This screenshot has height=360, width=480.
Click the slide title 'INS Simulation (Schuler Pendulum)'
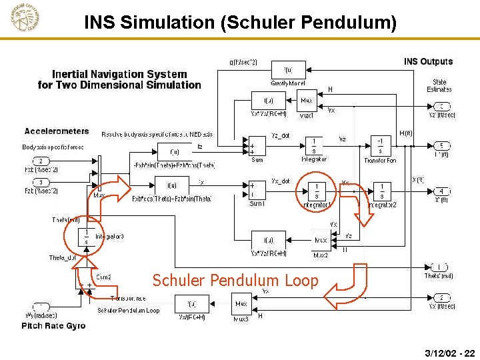[240, 23]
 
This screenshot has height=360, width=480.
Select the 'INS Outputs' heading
[428, 62]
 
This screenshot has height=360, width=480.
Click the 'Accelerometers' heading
[57, 131]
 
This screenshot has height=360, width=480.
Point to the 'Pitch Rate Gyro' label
[53, 325]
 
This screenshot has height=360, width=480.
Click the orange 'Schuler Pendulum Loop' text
[235, 281]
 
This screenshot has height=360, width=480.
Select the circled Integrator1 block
[316, 191]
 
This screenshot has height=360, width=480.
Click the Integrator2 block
[381, 191]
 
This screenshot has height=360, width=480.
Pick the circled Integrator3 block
[86, 237]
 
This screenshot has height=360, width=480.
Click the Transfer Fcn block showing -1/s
[381, 146]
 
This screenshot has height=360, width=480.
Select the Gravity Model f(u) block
[288, 69]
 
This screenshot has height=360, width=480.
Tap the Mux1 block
[306, 101]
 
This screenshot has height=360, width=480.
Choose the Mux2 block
[320, 239]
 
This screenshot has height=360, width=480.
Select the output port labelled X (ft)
[441, 191]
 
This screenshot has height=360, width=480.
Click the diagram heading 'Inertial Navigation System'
[119, 75]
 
